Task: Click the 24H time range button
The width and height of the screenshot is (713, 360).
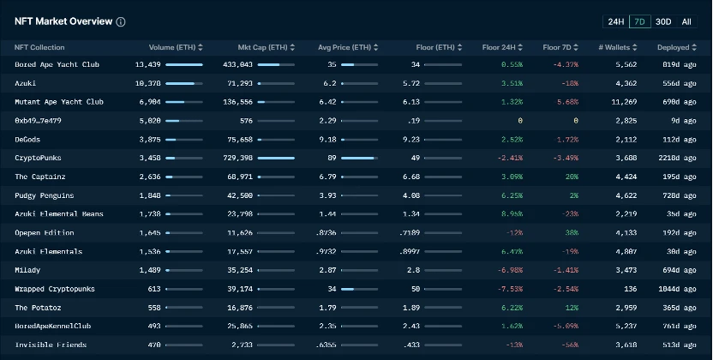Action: point(615,21)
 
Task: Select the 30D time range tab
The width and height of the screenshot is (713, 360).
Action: point(663,21)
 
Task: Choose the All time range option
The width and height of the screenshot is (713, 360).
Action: point(686,21)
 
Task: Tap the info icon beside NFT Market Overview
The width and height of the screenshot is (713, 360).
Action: point(121,22)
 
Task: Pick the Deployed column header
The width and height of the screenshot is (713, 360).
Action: point(674,47)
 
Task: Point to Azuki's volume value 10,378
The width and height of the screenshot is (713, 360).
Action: point(147,83)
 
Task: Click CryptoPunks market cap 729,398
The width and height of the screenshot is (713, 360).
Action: point(236,158)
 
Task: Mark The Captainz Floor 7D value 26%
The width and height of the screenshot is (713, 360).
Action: point(571,177)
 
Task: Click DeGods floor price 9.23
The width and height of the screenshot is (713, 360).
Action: point(410,139)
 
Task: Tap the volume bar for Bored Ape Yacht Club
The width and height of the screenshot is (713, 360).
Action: point(184,64)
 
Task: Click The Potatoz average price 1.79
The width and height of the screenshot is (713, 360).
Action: point(327,307)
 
